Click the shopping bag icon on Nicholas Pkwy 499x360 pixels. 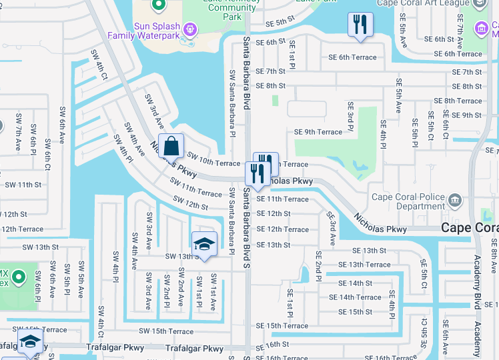(x=171, y=145)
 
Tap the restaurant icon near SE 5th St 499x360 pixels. (x=360, y=25)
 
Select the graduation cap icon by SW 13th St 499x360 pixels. (x=204, y=243)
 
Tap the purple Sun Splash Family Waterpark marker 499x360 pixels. (x=190, y=29)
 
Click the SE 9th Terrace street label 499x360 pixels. (x=318, y=132)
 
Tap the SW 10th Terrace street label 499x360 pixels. (x=213, y=159)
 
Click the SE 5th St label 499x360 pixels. (x=280, y=22)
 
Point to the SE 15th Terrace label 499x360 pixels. (x=282, y=326)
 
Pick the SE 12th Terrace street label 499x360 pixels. (x=282, y=229)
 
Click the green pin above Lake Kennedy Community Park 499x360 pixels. (x=158, y=6)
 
